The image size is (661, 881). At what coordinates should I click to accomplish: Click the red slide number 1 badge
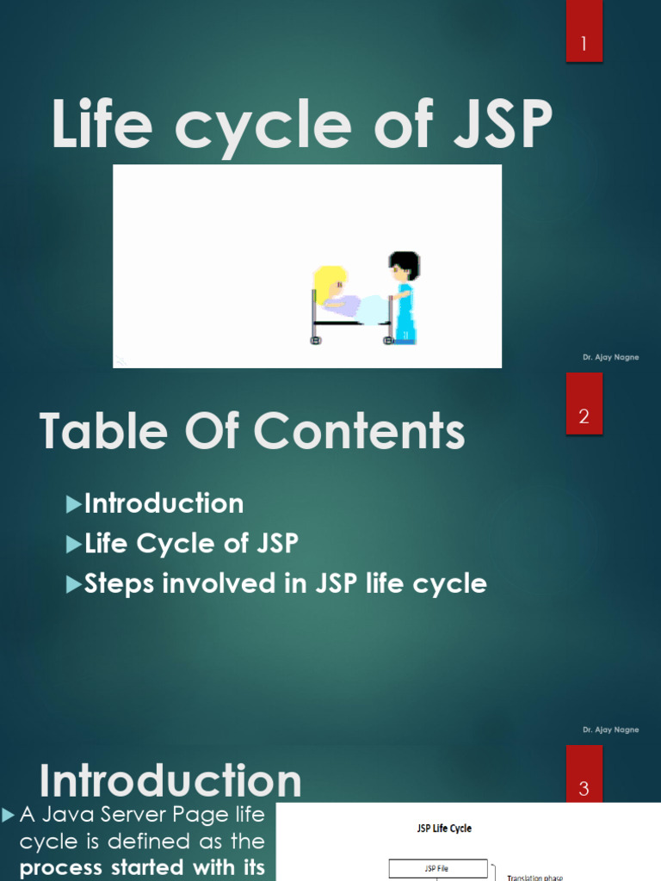(x=584, y=43)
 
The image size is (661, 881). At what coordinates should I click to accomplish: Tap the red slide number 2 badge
(x=584, y=417)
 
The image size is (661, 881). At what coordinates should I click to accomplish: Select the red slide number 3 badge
(x=584, y=788)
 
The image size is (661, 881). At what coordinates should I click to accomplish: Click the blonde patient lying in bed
(x=336, y=293)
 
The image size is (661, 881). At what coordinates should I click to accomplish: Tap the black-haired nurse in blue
(x=403, y=297)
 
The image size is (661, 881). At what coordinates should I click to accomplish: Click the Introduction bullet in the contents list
(x=164, y=503)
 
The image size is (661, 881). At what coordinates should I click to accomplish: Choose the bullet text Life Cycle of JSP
(x=191, y=544)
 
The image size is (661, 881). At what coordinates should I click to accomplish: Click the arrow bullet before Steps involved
(x=74, y=584)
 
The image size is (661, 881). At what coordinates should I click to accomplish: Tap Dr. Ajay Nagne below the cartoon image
(x=610, y=357)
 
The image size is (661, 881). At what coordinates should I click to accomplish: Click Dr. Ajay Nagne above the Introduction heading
(x=610, y=730)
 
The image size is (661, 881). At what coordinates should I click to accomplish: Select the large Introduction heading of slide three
(x=170, y=781)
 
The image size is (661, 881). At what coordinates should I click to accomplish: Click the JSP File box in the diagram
(x=438, y=868)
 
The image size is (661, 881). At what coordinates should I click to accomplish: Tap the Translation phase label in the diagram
(x=534, y=877)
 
